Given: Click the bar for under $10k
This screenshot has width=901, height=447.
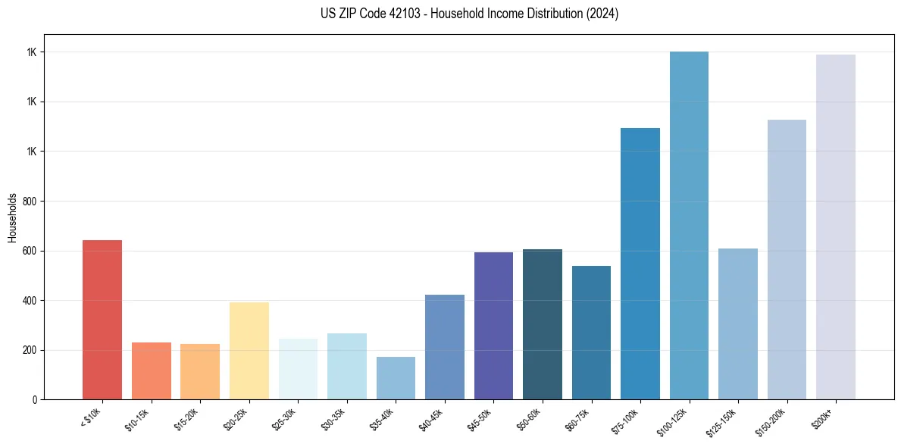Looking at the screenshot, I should [102, 320].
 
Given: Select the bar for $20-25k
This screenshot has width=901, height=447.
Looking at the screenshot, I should [249, 351].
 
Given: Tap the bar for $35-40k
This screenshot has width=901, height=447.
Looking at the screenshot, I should [396, 378].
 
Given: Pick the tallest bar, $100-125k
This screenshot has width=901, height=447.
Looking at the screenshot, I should [689, 226].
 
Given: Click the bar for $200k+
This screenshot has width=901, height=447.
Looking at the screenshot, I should [836, 227].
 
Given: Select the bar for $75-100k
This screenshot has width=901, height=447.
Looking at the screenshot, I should [640, 264].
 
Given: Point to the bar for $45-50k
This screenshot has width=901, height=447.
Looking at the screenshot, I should [493, 326].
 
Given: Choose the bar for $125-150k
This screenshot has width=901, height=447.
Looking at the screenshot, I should [738, 324].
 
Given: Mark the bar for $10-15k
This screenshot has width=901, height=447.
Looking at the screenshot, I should [152, 370].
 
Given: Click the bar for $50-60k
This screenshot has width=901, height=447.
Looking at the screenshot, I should [543, 324].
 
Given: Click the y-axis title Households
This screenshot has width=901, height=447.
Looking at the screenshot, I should [13, 217].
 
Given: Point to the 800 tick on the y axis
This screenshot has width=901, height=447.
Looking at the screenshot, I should [31, 202].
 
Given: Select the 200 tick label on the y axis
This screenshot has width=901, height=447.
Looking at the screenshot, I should [31, 350].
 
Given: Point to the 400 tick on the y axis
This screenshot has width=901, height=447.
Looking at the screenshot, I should [31, 301].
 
